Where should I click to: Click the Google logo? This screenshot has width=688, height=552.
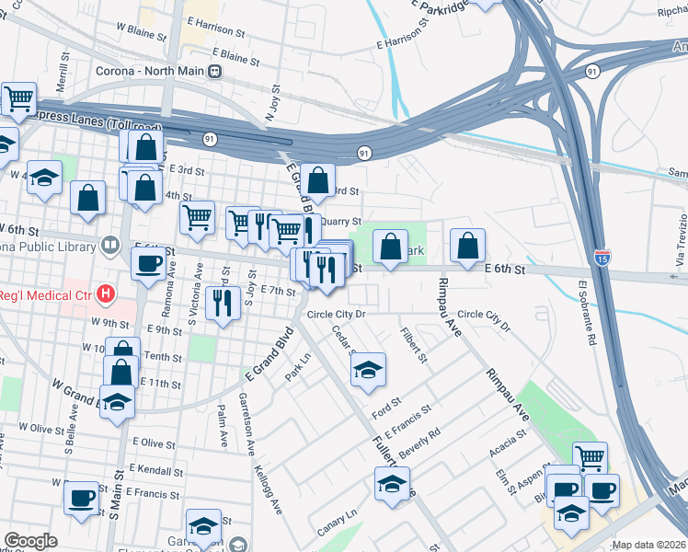pos(30,541)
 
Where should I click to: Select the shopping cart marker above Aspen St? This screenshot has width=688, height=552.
pos(590,457)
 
